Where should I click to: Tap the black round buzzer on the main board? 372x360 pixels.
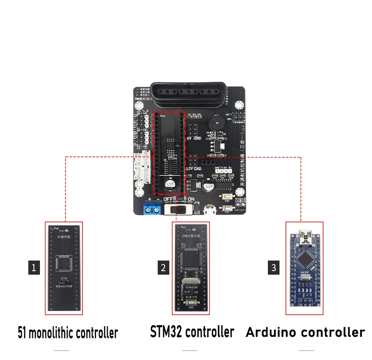coord(218,122)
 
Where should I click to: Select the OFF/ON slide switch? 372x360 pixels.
coord(178,209)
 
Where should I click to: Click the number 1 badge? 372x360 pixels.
coord(34,267)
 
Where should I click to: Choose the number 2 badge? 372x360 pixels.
coord(163,267)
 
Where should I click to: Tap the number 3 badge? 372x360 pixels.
coord(274,267)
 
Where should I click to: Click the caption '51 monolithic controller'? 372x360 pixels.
coord(68,333)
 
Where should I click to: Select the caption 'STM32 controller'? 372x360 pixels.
coord(192,332)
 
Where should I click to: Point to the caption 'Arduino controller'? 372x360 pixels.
coord(305,332)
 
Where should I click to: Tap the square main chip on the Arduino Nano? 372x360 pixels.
coord(305,259)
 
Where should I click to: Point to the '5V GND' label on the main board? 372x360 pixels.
coord(194,137)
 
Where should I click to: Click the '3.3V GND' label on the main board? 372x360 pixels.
coord(194,168)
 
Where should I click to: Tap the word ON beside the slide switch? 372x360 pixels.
coord(192,199)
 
